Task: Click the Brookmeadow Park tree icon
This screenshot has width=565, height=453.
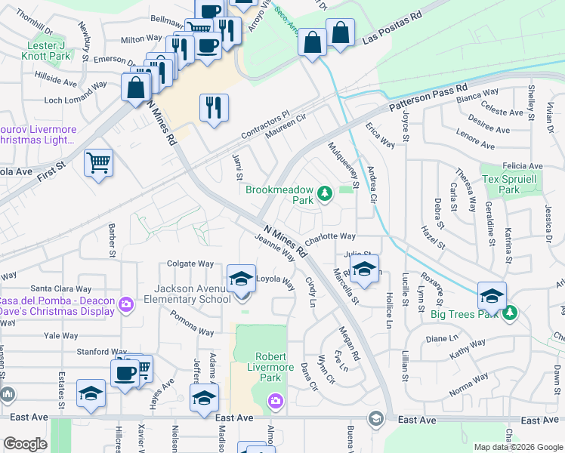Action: point(325,194)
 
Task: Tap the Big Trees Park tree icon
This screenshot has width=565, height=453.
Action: point(510,311)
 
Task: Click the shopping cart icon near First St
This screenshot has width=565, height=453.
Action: point(99,163)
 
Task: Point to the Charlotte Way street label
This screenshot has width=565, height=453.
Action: point(329,236)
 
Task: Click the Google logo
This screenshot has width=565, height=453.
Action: point(26,444)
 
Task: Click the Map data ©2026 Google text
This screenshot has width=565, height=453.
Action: point(517,447)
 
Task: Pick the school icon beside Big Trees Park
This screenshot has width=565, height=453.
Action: point(492,295)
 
